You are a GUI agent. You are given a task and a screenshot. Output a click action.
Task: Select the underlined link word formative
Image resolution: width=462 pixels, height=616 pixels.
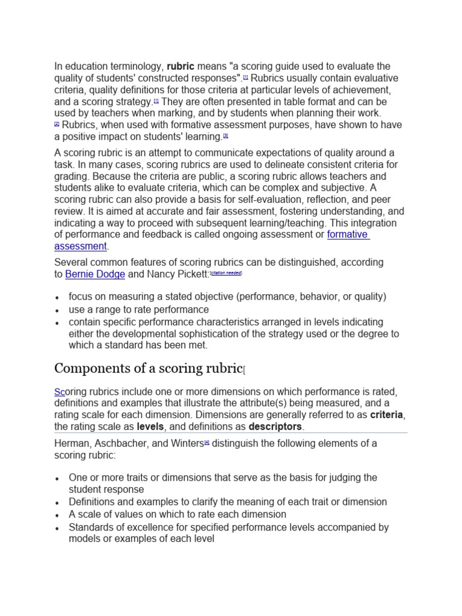(347, 235)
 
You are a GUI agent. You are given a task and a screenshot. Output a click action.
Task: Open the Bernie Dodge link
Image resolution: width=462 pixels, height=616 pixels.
(95, 274)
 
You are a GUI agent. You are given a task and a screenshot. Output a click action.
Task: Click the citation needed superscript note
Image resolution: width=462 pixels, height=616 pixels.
(226, 273)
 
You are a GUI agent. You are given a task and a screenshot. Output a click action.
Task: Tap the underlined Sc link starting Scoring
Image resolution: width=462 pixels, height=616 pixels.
(60, 392)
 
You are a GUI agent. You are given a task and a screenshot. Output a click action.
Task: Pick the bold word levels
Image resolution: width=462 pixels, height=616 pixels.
(150, 427)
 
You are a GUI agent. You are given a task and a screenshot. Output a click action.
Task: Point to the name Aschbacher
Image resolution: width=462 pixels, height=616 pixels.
(119, 444)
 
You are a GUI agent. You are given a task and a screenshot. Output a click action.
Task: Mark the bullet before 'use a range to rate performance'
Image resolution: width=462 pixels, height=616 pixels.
(57, 310)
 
